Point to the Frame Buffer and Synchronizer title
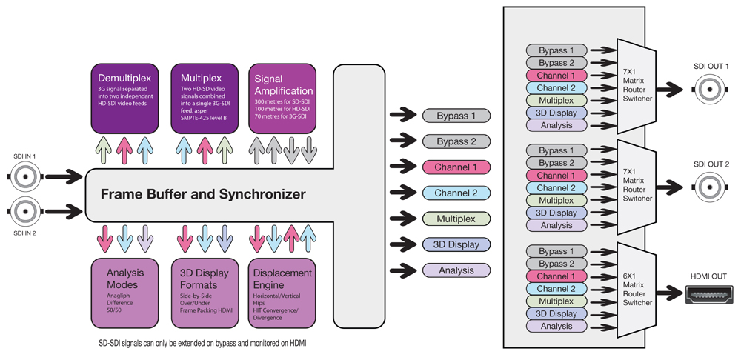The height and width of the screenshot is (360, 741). point(202,195)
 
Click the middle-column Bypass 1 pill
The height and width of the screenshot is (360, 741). point(457,116)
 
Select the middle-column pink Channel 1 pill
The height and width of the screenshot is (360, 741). point(457,167)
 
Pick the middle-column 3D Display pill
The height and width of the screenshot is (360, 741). point(457,244)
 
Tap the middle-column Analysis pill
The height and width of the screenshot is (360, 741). point(457,270)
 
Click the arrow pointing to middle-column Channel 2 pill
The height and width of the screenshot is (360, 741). point(403,193)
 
